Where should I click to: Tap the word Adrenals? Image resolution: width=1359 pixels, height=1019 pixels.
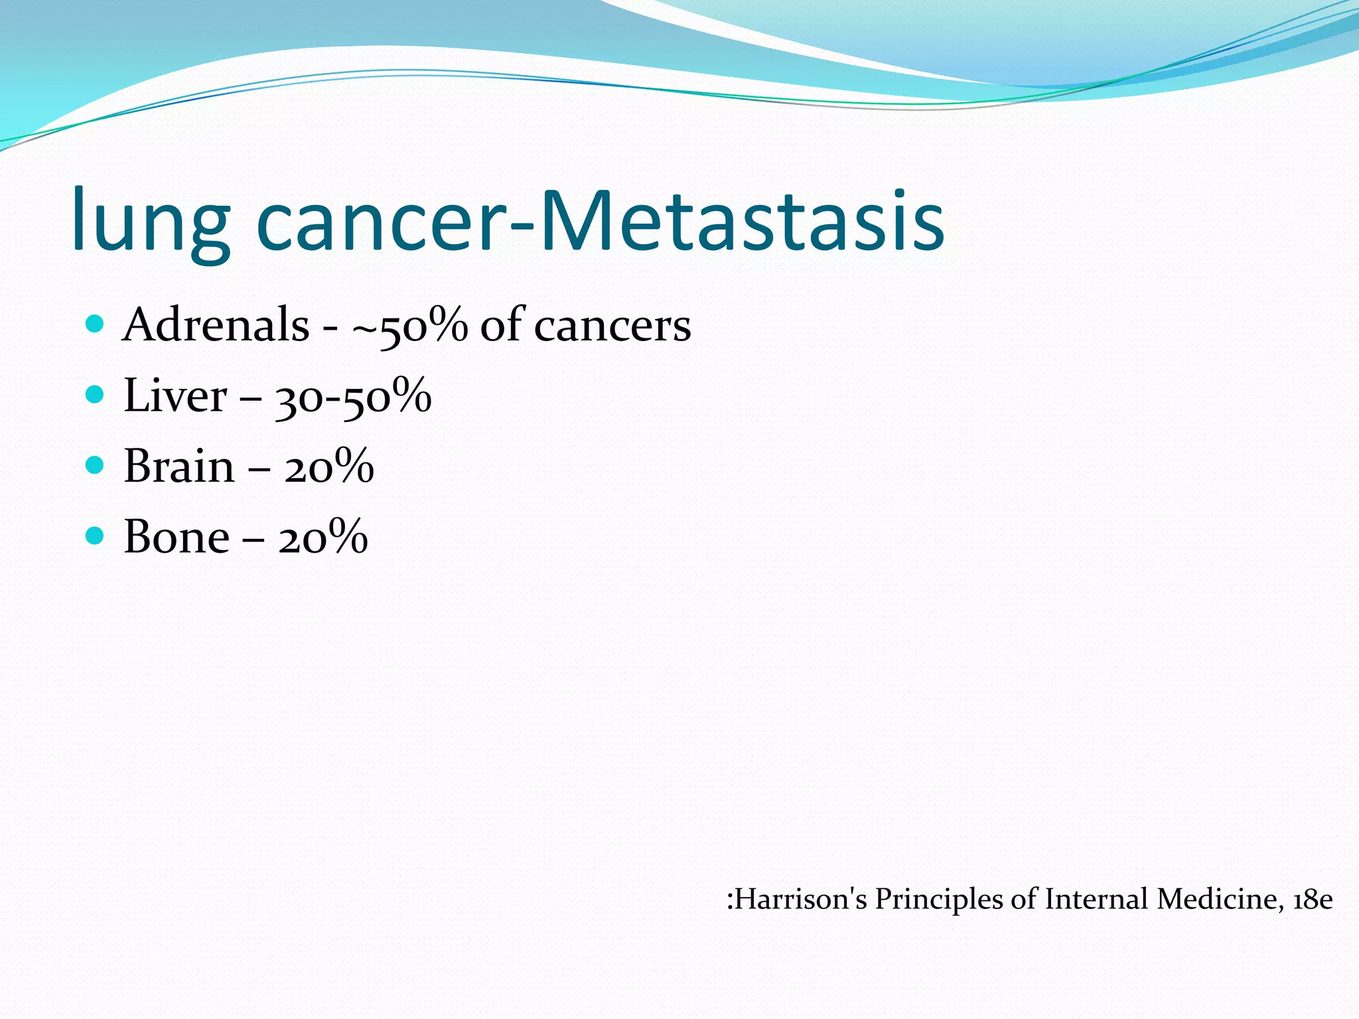[216, 325]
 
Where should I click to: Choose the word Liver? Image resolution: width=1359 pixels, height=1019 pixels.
[175, 396]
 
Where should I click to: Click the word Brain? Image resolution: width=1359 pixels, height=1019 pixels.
[179, 466]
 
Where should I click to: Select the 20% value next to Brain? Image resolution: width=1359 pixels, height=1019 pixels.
[329, 466]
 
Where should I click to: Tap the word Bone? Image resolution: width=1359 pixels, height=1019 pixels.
[177, 537]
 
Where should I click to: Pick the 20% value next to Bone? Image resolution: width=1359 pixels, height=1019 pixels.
[323, 537]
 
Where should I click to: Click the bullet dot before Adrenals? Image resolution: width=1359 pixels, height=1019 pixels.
[96, 324]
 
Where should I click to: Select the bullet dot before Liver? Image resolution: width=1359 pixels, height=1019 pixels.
[96, 395]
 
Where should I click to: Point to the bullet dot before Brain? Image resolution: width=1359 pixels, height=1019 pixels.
[96, 465]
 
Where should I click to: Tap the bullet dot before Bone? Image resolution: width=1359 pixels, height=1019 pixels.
[96, 535]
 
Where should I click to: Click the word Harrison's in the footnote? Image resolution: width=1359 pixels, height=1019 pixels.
[799, 900]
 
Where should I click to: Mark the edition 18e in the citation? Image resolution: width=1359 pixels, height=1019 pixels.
[1313, 900]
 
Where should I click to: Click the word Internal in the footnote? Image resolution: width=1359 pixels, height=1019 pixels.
[1097, 900]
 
